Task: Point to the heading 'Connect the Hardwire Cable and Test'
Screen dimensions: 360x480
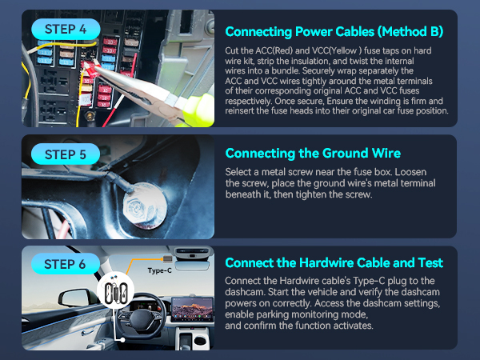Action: (334, 262)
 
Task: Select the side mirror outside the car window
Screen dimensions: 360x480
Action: (73, 297)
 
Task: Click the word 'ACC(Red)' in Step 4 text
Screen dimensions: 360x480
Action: (267, 50)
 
